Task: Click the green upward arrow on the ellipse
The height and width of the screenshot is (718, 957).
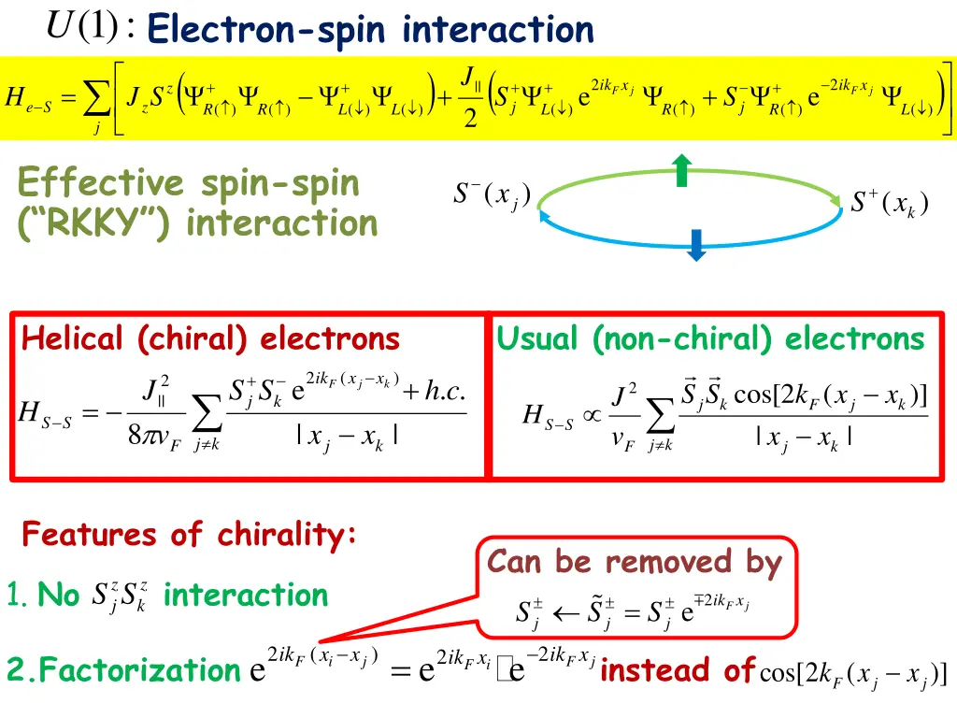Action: click(682, 170)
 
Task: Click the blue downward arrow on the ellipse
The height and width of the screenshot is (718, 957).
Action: click(694, 242)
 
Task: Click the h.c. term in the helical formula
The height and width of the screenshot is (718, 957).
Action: click(446, 391)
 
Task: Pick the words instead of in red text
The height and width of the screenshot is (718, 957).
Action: click(677, 669)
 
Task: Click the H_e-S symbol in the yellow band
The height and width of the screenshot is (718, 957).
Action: click(28, 98)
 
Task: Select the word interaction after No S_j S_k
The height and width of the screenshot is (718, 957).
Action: click(246, 595)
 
